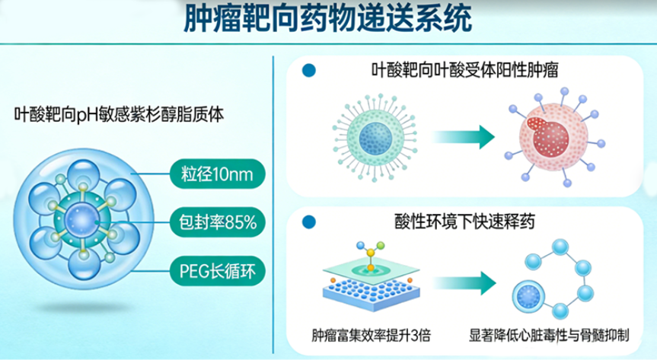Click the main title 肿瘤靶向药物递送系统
coord(328,21)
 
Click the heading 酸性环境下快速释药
coord(461,221)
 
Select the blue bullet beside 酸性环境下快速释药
coord(308,221)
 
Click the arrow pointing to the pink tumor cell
coord(464,138)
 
